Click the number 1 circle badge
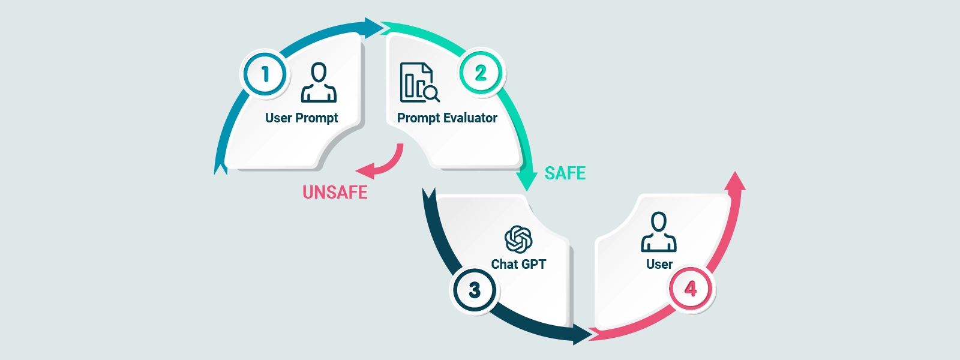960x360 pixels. (x=265, y=74)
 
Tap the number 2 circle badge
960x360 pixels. (x=481, y=73)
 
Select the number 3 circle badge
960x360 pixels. (x=474, y=290)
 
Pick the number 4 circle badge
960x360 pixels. (x=691, y=289)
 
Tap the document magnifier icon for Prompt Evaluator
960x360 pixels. (x=419, y=83)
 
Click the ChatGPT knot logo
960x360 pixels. (x=518, y=239)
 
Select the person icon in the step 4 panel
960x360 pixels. (x=658, y=232)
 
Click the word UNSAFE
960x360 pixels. (x=335, y=193)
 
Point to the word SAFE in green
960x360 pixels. (x=565, y=173)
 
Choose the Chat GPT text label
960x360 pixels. (x=518, y=265)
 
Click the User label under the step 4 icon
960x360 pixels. (x=659, y=265)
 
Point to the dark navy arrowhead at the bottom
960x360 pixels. (x=581, y=335)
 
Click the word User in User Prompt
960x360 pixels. (x=278, y=118)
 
